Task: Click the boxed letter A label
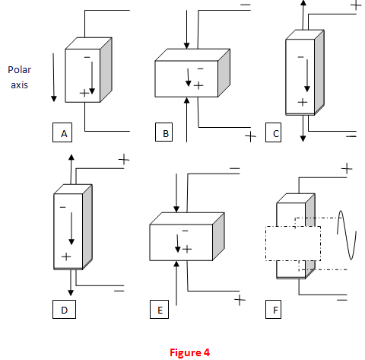point(62,132)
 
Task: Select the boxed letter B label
point(163,132)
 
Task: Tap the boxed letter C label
point(273,132)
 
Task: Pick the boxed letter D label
point(64,309)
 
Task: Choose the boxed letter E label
point(159,309)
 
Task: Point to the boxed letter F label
point(273,309)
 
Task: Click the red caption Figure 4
point(189,352)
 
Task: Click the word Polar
point(20,70)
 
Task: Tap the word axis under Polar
point(19,85)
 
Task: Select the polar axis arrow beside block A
point(53,78)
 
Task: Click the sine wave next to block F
point(347,235)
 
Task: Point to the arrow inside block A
point(92,78)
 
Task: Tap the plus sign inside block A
point(84,94)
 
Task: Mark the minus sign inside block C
point(300,57)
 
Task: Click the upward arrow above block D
point(71,169)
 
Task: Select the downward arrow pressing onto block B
point(187,30)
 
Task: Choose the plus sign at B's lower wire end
point(250,136)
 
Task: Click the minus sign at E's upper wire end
point(235,168)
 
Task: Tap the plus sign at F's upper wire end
point(347,168)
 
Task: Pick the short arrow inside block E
point(177,244)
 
